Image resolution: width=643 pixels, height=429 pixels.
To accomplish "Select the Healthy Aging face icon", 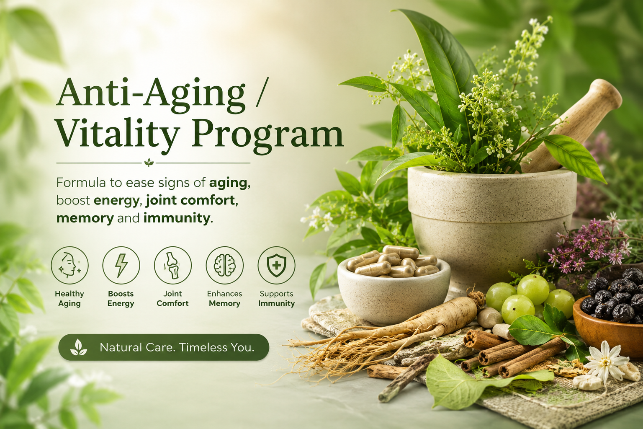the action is pos(70,265).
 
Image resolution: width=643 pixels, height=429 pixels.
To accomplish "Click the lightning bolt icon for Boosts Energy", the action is pos(121,265).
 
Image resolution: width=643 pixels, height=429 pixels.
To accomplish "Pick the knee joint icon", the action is pos(173,265).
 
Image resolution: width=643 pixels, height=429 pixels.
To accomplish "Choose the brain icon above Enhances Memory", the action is pos(225,265).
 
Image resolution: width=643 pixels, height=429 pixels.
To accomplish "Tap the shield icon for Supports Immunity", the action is pos(276,265).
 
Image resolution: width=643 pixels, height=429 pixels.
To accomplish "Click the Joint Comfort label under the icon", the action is pos(173,299).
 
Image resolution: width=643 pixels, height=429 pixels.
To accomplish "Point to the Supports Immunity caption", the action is pos(276,299).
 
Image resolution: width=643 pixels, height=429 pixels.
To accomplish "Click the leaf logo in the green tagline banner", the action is pos(79,347).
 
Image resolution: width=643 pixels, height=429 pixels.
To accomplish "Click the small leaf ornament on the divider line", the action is pos(149,163).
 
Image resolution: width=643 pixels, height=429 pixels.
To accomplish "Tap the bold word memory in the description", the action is pos(85,219).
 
